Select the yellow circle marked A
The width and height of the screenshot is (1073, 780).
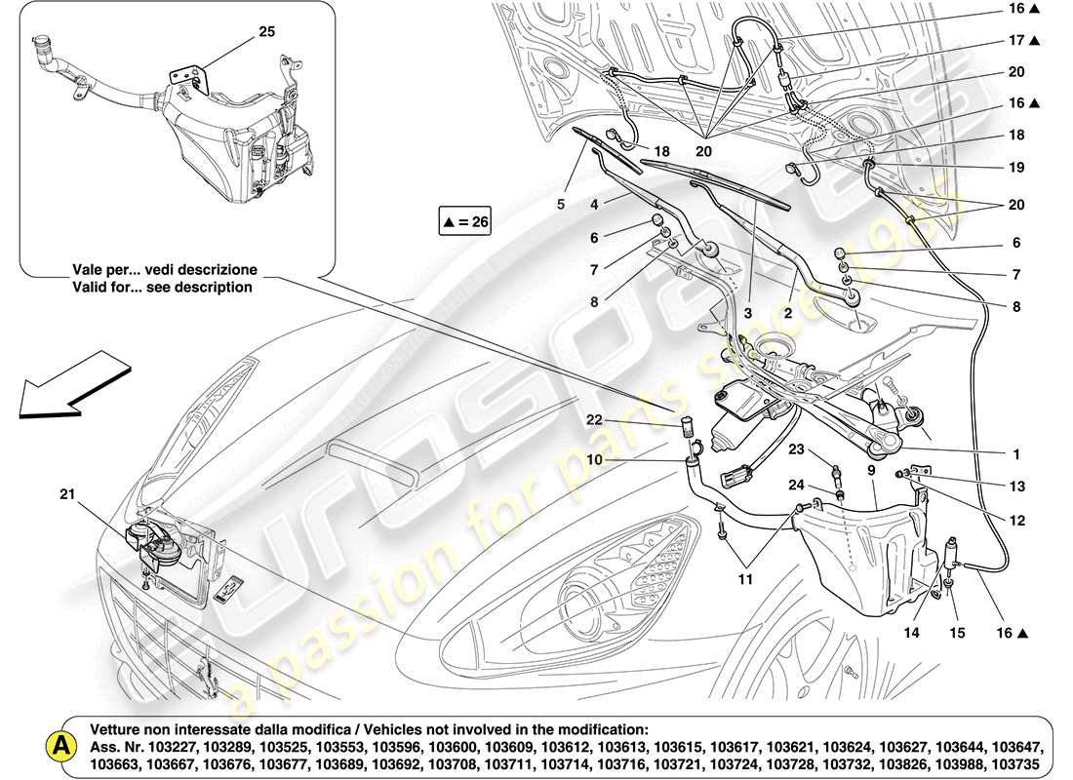[60, 746]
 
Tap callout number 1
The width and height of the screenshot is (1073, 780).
[1015, 454]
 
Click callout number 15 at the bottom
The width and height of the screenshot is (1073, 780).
[957, 634]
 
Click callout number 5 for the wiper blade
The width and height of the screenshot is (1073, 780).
[561, 205]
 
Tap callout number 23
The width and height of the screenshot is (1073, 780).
[796, 450]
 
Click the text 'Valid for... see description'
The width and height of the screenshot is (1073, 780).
[161, 287]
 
